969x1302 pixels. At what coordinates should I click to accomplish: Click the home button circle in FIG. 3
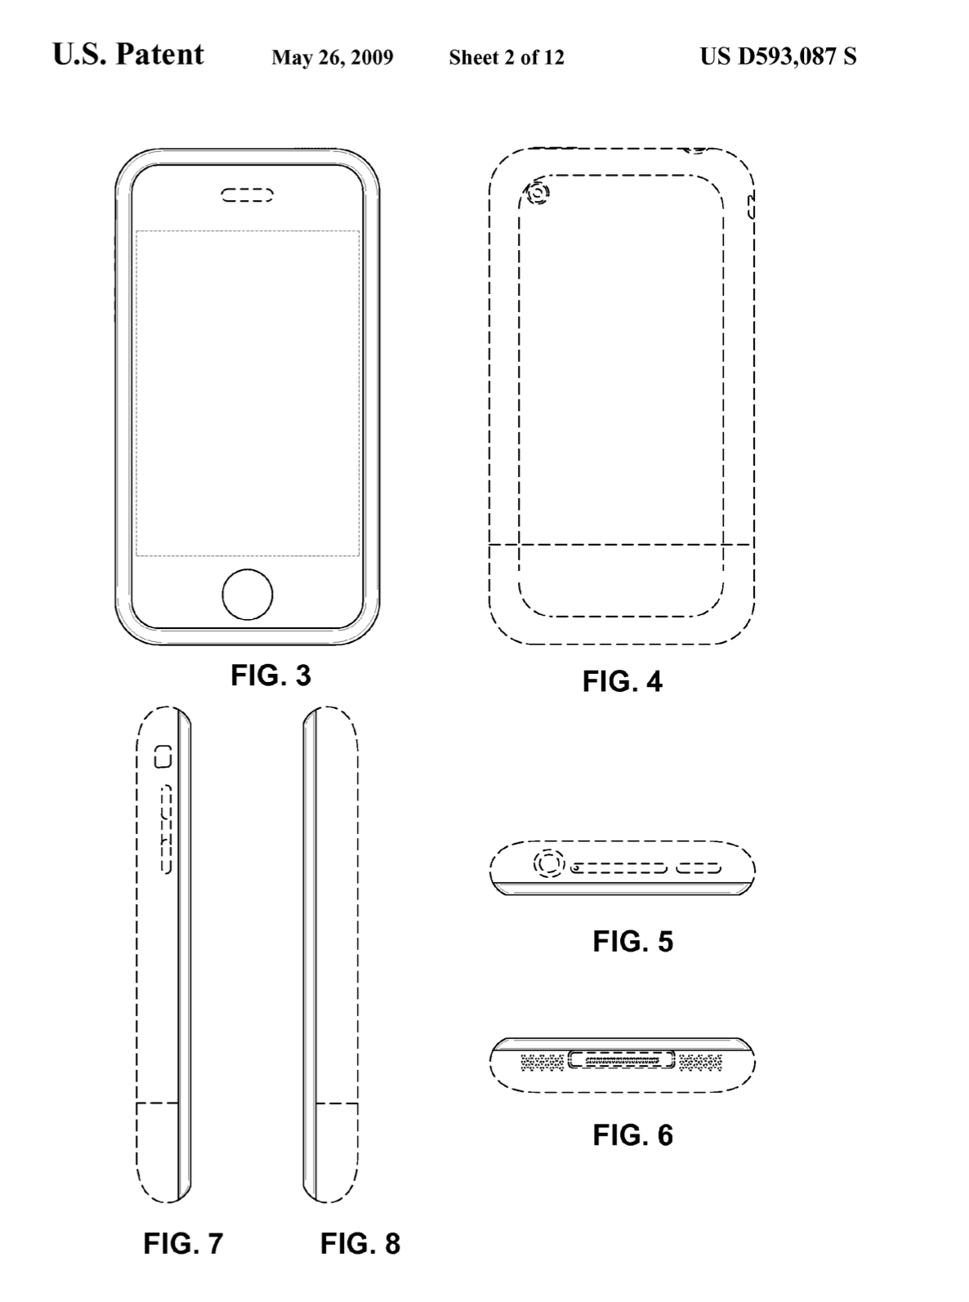click(x=248, y=594)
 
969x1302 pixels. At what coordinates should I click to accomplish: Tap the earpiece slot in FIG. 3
click(x=248, y=195)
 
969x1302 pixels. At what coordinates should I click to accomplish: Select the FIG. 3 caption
click(x=270, y=676)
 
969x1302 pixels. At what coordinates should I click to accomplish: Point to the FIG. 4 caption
click(x=622, y=681)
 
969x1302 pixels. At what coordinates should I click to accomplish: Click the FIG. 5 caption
click(x=632, y=942)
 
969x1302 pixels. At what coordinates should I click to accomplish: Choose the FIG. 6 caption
click(x=632, y=1135)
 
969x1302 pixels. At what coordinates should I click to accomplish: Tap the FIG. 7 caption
click(x=183, y=1243)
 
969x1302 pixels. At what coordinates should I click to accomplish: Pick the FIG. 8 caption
click(x=359, y=1243)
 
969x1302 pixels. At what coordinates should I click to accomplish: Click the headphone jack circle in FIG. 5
click(x=549, y=863)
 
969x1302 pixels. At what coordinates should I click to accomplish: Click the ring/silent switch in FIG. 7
click(x=163, y=757)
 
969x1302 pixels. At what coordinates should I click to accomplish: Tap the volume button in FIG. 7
click(x=165, y=828)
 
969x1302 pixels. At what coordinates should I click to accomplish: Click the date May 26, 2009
click(x=332, y=57)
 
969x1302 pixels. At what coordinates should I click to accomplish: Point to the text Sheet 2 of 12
click(x=506, y=57)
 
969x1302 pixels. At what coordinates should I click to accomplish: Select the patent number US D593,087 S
click(x=778, y=56)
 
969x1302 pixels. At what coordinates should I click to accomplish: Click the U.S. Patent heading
click(x=128, y=55)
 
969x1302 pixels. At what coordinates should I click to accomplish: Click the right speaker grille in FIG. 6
click(x=700, y=1062)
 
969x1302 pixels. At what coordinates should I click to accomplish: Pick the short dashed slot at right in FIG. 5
click(x=698, y=868)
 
